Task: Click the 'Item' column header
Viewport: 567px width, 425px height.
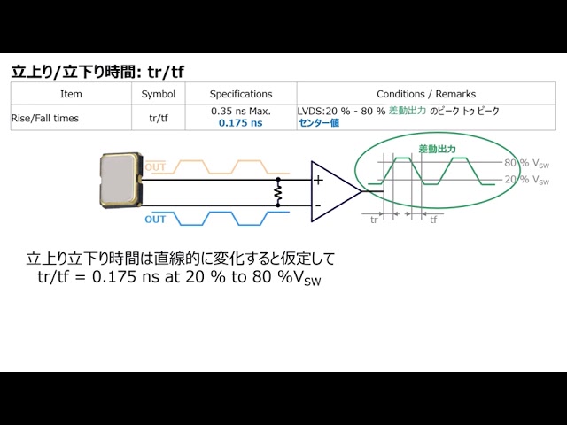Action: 71,94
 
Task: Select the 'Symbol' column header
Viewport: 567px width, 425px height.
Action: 159,94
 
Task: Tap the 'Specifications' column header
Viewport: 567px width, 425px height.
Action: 241,94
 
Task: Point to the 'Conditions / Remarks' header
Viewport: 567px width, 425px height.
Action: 426,94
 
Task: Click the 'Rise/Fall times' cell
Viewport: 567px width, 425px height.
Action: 45,118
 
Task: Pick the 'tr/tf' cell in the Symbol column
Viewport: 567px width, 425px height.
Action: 159,118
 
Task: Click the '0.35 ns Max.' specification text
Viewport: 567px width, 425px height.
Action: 241,111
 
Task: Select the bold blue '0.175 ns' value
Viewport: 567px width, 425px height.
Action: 241,123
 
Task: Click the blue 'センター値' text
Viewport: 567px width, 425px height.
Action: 319,123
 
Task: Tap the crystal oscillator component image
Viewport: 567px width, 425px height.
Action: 120,180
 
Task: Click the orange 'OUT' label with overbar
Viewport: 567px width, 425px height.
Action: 155,166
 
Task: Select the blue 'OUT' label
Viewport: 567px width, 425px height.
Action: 155,220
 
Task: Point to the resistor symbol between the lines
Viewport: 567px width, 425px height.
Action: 277,192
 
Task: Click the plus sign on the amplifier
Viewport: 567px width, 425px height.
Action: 318,180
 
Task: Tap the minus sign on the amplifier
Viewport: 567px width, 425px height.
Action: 318,205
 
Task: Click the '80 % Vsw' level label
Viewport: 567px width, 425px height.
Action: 527,163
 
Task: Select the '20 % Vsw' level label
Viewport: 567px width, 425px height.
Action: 527,180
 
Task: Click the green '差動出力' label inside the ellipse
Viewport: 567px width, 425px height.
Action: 437,149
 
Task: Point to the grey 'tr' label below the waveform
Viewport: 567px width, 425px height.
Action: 374,220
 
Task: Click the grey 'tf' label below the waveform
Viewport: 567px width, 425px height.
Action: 433,220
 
